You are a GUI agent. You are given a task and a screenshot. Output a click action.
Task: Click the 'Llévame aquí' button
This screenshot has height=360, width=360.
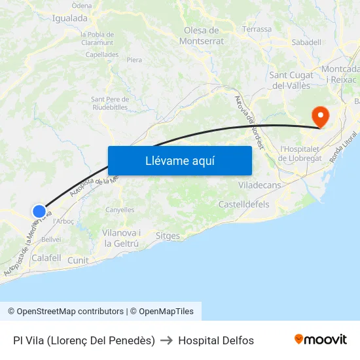click(x=179, y=160)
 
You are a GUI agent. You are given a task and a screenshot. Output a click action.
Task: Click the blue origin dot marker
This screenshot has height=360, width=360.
click(x=39, y=211)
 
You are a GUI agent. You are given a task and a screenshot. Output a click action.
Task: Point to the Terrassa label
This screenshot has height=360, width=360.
click(x=257, y=29)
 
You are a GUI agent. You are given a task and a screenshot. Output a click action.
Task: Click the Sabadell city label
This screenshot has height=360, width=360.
click(x=307, y=43)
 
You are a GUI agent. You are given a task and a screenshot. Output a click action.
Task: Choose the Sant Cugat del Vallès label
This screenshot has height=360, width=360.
click(x=291, y=81)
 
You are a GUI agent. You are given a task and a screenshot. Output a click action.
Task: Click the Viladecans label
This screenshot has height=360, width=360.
click(x=260, y=185)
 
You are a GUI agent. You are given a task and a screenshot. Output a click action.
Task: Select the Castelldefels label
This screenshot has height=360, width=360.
click(x=243, y=205)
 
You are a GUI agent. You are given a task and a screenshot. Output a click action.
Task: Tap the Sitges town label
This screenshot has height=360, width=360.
click(x=169, y=236)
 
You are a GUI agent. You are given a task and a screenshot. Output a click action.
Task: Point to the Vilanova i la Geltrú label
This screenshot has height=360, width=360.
click(x=120, y=238)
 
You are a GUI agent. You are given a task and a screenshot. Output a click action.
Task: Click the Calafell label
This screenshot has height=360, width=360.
click(x=46, y=259)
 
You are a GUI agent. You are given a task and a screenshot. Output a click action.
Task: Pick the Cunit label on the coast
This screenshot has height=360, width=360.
click(x=78, y=260)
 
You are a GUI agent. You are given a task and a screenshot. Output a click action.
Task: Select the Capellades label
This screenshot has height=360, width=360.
click(x=101, y=55)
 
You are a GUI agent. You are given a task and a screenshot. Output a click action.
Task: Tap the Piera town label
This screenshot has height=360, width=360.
click(x=134, y=60)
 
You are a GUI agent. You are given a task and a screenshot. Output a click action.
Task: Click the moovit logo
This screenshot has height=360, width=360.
click(x=321, y=339)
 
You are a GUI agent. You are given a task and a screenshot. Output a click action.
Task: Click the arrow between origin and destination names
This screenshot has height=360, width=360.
click(x=166, y=340)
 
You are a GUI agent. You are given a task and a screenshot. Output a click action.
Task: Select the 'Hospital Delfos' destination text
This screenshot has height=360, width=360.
click(x=216, y=340)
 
